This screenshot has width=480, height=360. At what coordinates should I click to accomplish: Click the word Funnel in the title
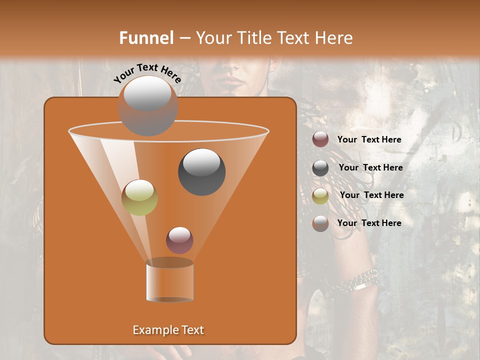click(x=146, y=38)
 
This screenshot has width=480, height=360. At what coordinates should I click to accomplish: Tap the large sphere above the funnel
click(x=147, y=105)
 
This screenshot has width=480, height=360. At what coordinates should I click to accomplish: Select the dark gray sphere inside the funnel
click(x=201, y=172)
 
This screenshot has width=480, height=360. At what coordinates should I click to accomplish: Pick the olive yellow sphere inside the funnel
click(x=139, y=197)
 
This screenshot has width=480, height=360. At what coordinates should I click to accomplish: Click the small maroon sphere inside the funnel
click(x=179, y=240)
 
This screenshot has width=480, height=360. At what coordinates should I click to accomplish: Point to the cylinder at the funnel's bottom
click(x=169, y=281)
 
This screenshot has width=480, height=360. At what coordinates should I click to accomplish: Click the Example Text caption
click(x=168, y=330)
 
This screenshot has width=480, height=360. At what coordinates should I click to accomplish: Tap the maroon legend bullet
click(x=320, y=139)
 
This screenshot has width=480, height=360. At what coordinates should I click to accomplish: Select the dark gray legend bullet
click(x=320, y=168)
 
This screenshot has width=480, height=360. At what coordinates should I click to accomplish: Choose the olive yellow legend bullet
click(x=320, y=196)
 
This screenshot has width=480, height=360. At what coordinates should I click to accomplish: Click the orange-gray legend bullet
click(x=320, y=223)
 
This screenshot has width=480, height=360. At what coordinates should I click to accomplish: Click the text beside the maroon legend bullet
click(x=369, y=140)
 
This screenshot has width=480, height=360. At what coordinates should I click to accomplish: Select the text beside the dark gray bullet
click(x=370, y=168)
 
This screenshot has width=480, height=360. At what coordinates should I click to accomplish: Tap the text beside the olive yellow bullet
click(x=371, y=195)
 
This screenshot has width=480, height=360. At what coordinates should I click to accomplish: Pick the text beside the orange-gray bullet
click(x=369, y=223)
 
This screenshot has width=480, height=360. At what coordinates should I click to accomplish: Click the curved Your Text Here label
click(x=147, y=73)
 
